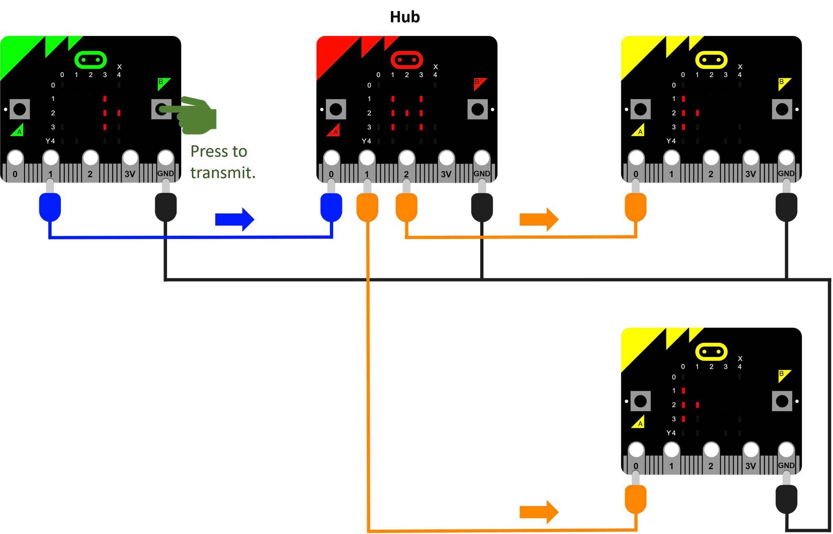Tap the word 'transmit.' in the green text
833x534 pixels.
(223, 173)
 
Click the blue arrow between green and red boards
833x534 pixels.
(235, 219)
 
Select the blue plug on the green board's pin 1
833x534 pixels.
(50, 207)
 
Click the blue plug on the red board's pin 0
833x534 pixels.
(331, 207)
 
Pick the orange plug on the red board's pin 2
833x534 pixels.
(406, 207)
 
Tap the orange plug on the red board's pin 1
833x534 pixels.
(367, 207)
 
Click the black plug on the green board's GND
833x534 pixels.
(166, 207)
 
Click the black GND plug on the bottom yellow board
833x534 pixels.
(786, 499)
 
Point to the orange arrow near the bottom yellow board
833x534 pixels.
(539, 511)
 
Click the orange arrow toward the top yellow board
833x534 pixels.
(539, 219)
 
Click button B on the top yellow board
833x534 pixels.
(782, 109)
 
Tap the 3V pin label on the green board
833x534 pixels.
(130, 174)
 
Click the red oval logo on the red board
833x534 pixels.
(407, 60)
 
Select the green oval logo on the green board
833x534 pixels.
(90, 60)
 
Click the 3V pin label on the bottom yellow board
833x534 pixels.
(750, 466)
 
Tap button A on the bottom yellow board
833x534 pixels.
(640, 401)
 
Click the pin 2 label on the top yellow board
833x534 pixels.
(711, 174)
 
